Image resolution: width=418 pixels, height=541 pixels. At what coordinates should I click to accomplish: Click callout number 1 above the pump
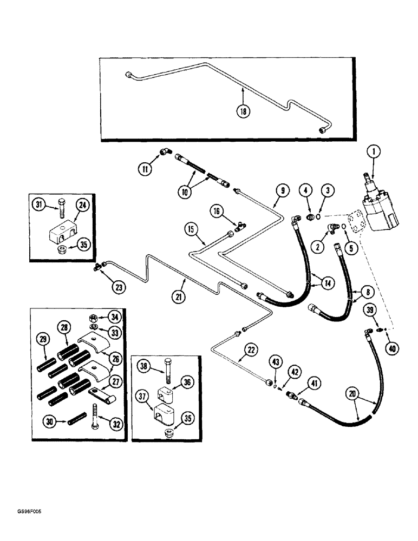[x=372, y=154]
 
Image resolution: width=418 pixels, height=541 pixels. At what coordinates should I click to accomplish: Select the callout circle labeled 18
[x=243, y=112]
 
